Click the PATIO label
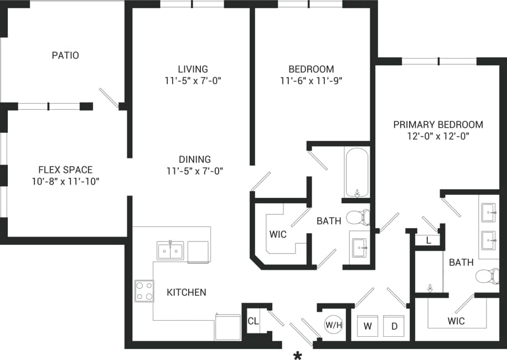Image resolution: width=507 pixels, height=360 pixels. click(65, 55)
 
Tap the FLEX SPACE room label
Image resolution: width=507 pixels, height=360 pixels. click(65, 169)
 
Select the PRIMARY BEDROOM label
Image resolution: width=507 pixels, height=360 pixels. click(438, 125)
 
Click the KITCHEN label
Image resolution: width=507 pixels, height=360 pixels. click(187, 292)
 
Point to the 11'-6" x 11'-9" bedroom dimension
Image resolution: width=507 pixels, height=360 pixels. click(311, 80)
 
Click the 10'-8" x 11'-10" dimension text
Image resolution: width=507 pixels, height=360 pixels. click(65, 181)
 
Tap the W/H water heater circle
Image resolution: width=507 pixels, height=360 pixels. click(333, 325)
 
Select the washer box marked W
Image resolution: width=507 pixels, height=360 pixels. click(368, 326)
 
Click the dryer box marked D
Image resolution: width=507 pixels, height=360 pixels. click(395, 326)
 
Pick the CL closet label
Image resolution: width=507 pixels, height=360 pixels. click(253, 321)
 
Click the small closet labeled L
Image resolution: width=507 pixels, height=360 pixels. click(429, 240)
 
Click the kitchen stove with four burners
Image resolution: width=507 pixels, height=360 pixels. click(144, 291)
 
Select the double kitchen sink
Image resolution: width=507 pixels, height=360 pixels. click(170, 251)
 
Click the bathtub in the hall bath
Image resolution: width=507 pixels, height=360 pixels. click(357, 172)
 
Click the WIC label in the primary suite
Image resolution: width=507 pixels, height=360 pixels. click(456, 321)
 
